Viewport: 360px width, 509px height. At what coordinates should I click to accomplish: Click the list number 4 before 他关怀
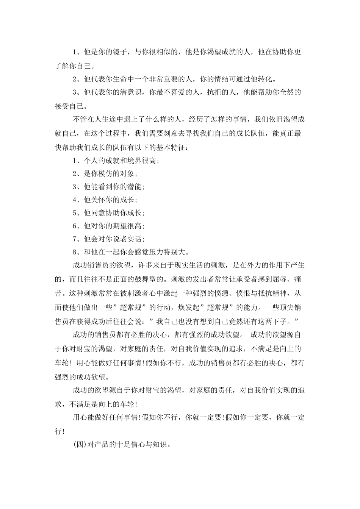pos(75,200)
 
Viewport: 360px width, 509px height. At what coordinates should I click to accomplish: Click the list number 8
pos(75,252)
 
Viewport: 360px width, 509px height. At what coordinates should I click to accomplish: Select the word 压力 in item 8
pos(156,252)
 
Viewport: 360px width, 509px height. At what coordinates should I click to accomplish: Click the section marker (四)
pos(80,445)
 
